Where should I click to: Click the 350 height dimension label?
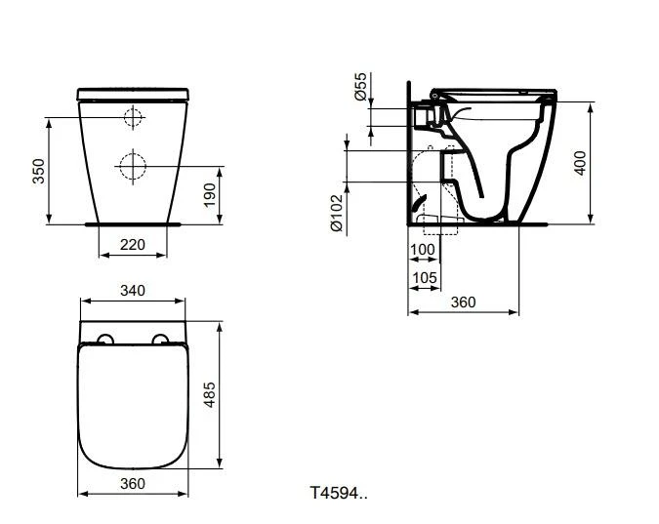(38, 171)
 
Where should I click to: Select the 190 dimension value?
(208, 195)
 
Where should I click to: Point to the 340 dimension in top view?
(132, 290)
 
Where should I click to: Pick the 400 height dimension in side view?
(580, 162)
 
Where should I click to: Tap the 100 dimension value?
(423, 250)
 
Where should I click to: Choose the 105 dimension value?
(424, 278)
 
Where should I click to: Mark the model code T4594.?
(339, 492)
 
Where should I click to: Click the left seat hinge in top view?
(104, 340)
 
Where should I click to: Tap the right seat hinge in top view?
(161, 340)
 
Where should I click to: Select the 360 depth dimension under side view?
(463, 302)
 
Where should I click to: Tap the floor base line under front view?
(132, 223)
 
